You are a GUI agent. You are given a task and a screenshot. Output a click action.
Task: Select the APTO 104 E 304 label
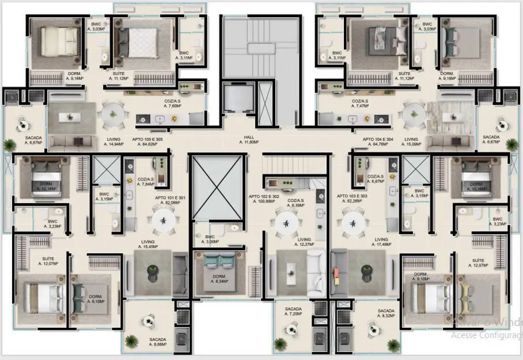point(378,140)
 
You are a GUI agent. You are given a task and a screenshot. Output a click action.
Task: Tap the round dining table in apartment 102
point(286,223)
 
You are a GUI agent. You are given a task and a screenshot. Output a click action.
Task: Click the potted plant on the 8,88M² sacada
point(131,340)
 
